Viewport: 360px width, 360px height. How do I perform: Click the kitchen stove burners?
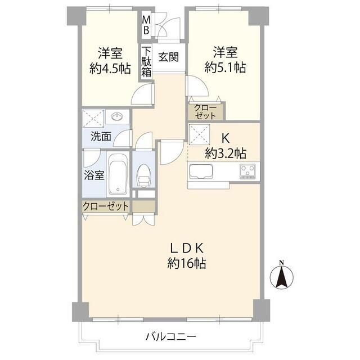[x=247, y=171]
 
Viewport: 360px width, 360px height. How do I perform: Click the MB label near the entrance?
[x=146, y=25]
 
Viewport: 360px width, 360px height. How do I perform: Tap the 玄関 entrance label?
[x=168, y=57]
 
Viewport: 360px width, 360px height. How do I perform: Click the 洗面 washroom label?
[x=101, y=136]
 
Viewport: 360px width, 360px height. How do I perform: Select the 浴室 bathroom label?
[x=94, y=174]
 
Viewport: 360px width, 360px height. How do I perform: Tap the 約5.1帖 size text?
[x=225, y=68]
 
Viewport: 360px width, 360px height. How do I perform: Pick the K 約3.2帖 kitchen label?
[x=225, y=146]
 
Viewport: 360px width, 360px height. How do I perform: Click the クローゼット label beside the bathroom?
[x=106, y=206]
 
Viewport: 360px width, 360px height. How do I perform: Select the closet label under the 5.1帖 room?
[x=205, y=111]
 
